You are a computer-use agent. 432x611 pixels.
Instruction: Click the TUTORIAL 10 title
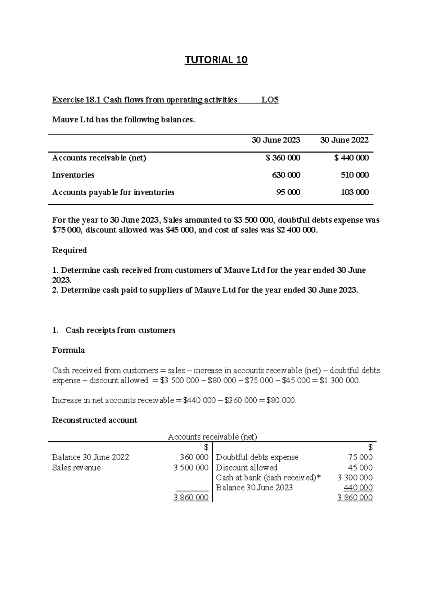(x=216, y=60)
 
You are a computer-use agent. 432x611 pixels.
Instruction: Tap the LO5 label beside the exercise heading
(x=270, y=100)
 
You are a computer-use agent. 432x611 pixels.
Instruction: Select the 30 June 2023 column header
(x=276, y=140)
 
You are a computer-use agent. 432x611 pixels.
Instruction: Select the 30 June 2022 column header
(x=344, y=140)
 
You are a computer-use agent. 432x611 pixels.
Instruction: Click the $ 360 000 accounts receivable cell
(x=283, y=158)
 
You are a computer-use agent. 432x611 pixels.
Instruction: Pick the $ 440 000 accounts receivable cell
(x=351, y=158)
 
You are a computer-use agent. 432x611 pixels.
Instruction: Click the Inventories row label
(x=73, y=175)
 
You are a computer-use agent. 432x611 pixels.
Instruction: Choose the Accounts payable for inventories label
(x=113, y=193)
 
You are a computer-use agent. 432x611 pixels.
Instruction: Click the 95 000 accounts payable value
(x=288, y=193)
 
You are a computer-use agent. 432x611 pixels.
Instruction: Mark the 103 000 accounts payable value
(x=355, y=193)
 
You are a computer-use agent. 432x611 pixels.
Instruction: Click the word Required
(x=69, y=250)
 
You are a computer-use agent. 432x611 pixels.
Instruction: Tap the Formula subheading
(x=68, y=350)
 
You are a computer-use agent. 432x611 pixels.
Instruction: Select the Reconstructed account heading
(x=95, y=420)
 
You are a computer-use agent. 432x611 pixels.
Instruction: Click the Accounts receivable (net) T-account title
(x=212, y=437)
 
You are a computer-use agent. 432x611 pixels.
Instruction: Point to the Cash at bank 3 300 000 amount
(x=355, y=478)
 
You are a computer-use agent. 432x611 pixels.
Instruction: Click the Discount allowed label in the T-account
(x=246, y=468)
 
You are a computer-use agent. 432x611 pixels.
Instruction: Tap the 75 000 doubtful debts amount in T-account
(x=360, y=458)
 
